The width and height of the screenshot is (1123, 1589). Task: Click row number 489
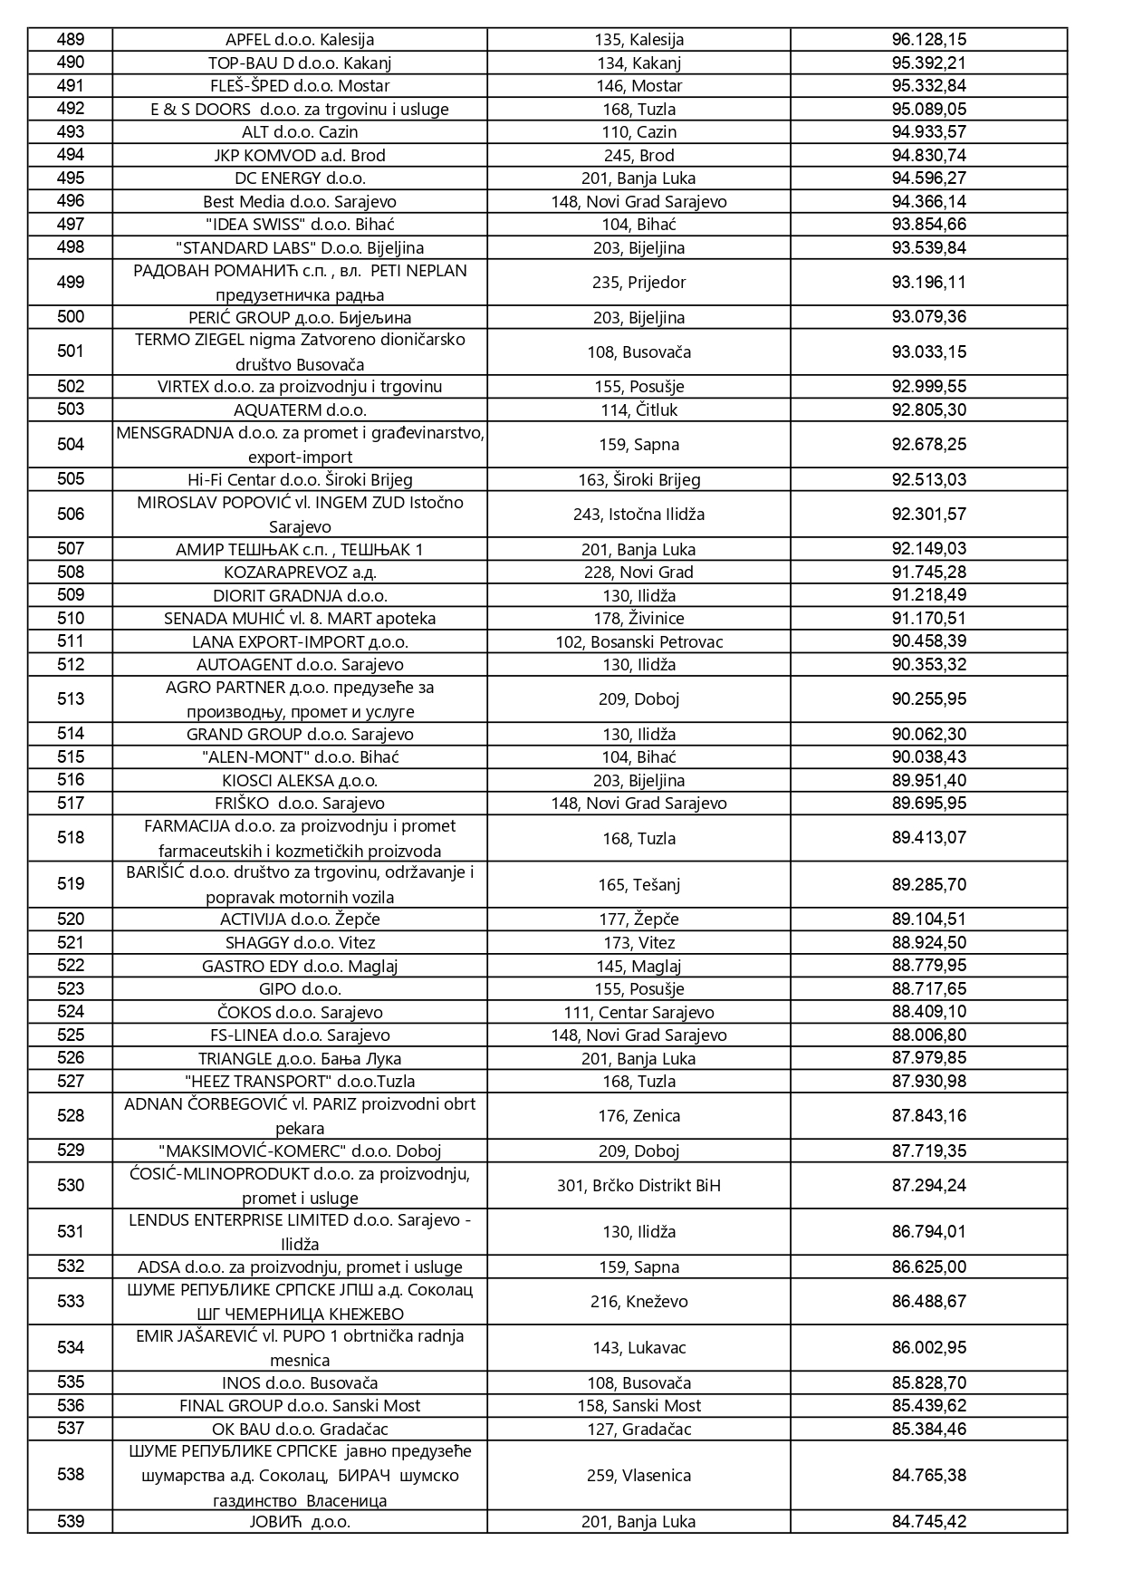tap(70, 39)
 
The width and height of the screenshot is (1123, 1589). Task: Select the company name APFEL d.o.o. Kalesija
tap(299, 40)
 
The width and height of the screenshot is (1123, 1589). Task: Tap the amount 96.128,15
tap(928, 40)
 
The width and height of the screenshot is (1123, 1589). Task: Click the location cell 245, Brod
tap(638, 155)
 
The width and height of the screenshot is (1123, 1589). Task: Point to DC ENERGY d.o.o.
tap(299, 178)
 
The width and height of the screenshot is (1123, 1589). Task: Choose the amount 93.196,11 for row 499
tap(928, 283)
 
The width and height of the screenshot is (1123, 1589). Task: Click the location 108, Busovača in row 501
tap(638, 352)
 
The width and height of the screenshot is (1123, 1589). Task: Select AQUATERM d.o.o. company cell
tap(299, 410)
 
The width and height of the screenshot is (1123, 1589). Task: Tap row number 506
tap(70, 515)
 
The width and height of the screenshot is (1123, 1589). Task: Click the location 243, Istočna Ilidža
tap(638, 515)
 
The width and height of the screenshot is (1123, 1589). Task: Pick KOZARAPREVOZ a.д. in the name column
tap(299, 573)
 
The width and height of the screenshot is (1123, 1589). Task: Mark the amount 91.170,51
tap(928, 619)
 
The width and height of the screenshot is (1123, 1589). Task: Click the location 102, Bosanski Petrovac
tap(638, 642)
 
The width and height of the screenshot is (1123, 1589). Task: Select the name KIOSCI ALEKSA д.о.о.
tap(299, 781)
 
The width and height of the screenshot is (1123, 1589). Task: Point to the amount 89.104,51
tap(928, 920)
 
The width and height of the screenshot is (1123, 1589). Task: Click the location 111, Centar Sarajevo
tap(638, 1013)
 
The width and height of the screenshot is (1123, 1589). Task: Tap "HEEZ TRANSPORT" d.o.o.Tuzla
tap(299, 1082)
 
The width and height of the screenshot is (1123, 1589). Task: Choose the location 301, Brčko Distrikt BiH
tap(638, 1186)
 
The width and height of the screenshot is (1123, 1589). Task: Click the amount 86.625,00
tap(928, 1267)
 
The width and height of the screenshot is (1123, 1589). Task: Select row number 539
tap(70, 1521)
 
